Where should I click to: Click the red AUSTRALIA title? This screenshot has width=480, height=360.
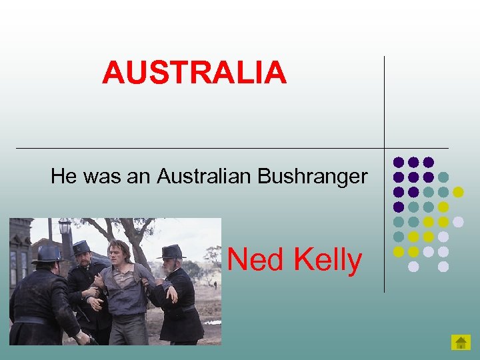pos(194,73)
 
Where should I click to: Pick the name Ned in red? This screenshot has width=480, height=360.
pos(255,260)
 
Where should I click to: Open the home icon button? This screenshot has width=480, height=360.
pos(461,343)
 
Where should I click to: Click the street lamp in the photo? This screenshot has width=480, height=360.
pos(65,227)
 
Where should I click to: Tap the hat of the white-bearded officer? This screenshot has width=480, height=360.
pos(171,252)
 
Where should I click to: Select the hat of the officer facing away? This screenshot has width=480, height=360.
pos(49,253)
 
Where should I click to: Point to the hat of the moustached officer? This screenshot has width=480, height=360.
pos(81,247)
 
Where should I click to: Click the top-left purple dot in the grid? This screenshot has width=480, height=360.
pos(399,162)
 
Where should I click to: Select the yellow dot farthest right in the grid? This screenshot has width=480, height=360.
pos(458,192)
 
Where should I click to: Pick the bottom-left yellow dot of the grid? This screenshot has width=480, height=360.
pos(399,251)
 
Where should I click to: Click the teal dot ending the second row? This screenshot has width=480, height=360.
pos(443,177)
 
